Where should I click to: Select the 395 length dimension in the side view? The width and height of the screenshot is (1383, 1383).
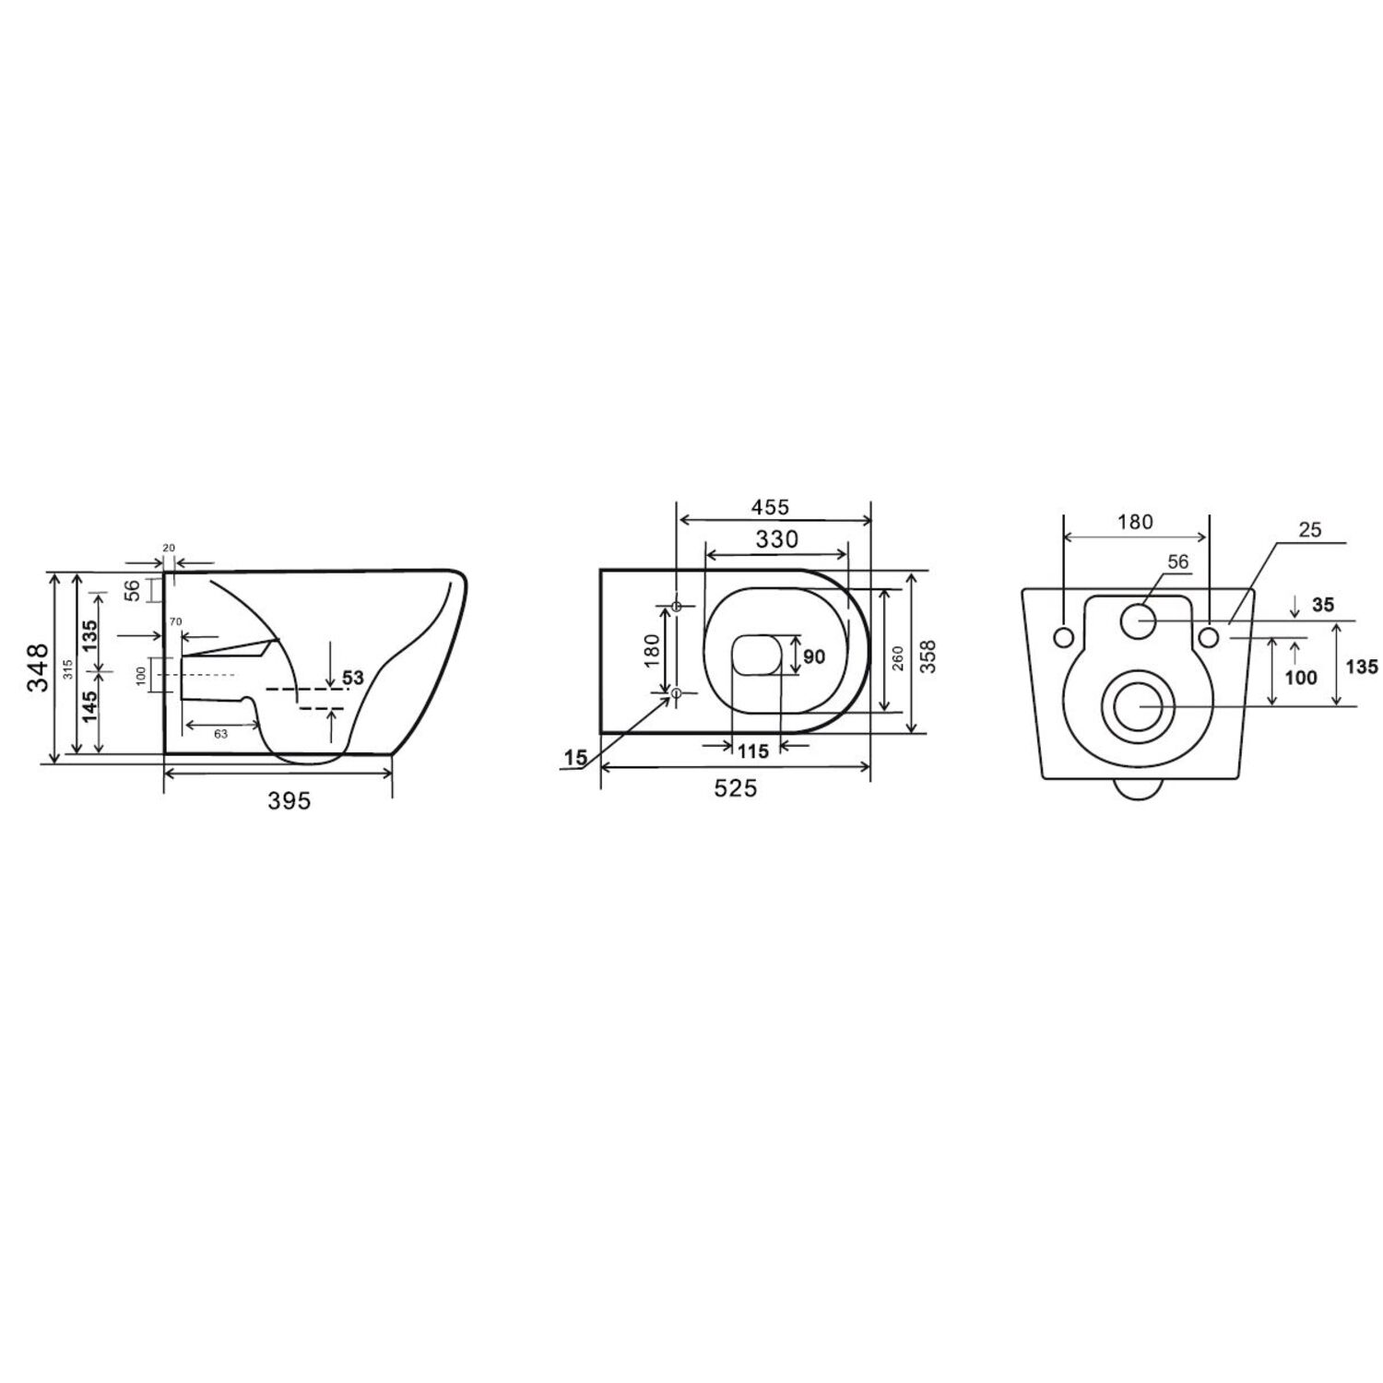[x=290, y=801]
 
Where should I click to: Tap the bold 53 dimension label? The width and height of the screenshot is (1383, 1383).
[x=353, y=679]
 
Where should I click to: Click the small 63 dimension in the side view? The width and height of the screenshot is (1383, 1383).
[x=220, y=734]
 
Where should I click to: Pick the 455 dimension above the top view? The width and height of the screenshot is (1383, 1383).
[x=770, y=507]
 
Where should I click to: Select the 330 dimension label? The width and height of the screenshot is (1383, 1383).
[x=776, y=539]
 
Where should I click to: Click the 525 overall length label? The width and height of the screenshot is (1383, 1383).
[x=735, y=788]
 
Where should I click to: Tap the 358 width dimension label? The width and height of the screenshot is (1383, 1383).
[x=928, y=656]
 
